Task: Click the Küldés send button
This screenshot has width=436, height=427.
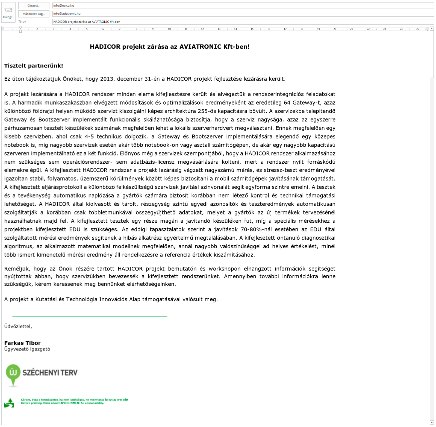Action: coord(8,13)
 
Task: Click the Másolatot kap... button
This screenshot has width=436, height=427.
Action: coord(34,14)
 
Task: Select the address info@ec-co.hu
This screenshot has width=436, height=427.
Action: coord(64,5)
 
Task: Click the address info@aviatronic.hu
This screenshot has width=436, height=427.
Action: coord(67,14)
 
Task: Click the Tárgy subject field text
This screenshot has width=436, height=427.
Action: coord(87,22)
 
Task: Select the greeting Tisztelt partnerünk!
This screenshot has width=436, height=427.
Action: coord(34,66)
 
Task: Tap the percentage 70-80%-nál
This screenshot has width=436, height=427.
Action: coord(256,229)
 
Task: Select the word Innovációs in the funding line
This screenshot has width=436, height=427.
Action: coord(113,299)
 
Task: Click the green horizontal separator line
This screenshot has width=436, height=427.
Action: coord(90,317)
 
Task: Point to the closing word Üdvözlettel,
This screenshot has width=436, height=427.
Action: coord(18,326)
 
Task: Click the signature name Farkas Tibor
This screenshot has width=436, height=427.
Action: coord(22,343)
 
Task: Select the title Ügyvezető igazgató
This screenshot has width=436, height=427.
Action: coord(27,349)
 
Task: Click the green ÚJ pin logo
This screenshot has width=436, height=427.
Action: coord(13,374)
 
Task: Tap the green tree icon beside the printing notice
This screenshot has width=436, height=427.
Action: coord(9,403)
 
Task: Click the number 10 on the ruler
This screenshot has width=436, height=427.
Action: coord(169,29)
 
